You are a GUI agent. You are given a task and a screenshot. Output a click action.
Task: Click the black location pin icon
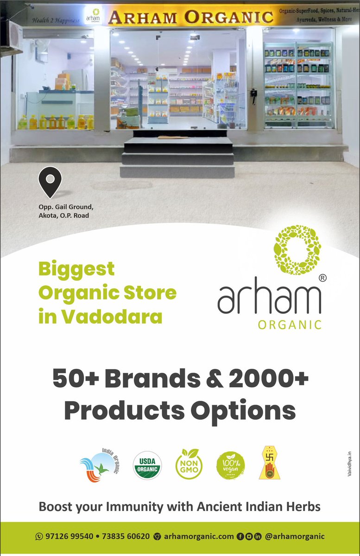50,182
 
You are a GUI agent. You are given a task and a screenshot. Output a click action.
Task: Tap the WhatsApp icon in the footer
39,537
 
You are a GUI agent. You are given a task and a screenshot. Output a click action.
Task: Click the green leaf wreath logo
297,249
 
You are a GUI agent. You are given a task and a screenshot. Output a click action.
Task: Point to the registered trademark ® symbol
322,278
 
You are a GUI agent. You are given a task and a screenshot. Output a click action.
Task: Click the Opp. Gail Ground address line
69,207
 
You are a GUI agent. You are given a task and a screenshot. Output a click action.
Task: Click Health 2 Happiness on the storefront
56,20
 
